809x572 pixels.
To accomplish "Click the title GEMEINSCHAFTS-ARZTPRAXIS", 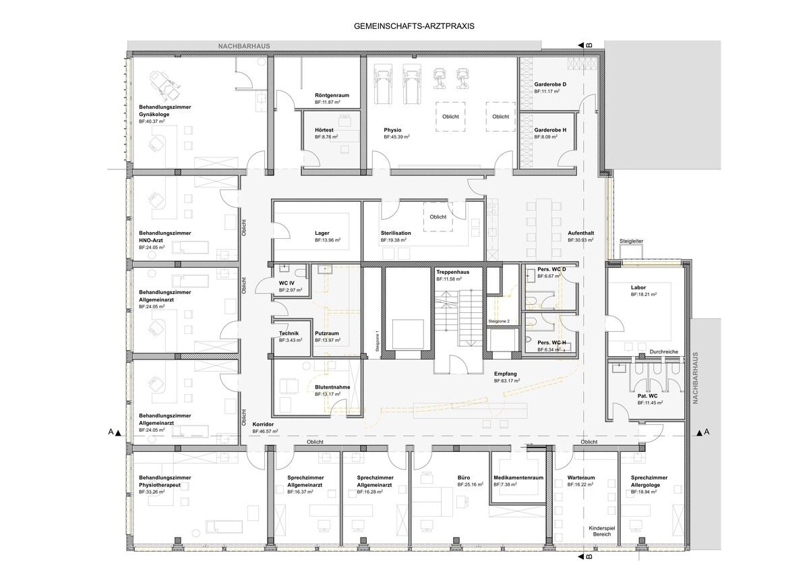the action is coord(414,26).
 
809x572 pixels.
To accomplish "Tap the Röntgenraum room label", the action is coord(332,95).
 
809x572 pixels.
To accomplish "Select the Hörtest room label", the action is coord(324,130).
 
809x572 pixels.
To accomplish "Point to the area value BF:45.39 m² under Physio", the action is coord(396,137).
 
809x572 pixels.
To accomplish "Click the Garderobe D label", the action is coord(550,84).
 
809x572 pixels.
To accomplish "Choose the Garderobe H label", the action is coord(550,130).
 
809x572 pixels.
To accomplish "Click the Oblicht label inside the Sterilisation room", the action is coord(438,217).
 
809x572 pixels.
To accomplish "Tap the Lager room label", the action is coord(322,233).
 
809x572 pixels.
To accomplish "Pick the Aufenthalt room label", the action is coord(580,233).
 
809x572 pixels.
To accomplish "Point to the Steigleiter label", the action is coord(631,241).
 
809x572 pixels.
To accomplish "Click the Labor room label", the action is coord(638,287).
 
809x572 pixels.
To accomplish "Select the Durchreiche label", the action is coord(664,351).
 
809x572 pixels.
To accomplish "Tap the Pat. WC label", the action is coord(648,396).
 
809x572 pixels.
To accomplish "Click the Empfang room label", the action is coord(505,374).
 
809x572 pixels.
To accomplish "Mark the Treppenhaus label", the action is coord(452,272).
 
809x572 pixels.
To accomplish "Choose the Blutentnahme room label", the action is coord(332,387).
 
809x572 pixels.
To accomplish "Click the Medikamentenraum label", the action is coord(518,478).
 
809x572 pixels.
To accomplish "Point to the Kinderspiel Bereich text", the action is coord(601,531).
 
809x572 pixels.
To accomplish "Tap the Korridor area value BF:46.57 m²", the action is coord(265,431).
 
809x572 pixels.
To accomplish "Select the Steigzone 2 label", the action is coord(499,321).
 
